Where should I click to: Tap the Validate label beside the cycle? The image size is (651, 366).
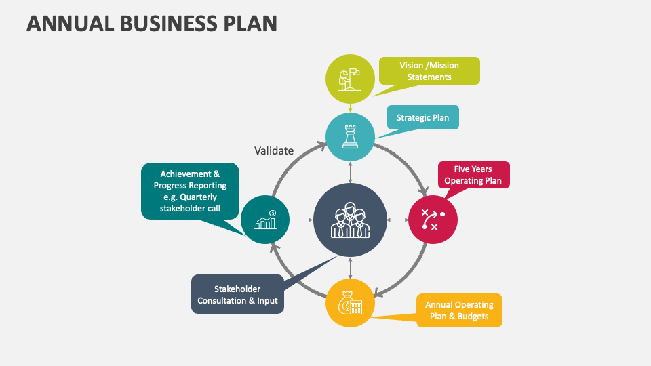point(274,150)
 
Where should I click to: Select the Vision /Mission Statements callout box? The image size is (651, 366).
point(429,71)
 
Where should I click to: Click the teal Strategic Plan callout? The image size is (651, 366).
point(422,117)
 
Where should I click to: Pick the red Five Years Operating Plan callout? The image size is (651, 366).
point(473,176)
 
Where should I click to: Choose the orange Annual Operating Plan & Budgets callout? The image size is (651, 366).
point(459,310)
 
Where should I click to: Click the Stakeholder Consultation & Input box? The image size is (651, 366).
point(237,294)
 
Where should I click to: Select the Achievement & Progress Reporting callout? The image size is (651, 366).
point(190,191)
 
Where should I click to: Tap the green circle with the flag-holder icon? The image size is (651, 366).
point(350,79)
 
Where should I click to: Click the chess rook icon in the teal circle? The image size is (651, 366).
point(350,137)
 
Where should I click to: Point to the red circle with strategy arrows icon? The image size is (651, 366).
point(433,220)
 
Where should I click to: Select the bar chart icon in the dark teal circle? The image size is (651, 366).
point(265,220)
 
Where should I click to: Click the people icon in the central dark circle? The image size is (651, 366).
point(350,220)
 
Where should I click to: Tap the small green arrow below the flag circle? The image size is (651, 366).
point(350,107)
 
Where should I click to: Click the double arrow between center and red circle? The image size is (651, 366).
point(397,220)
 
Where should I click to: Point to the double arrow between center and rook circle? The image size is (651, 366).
point(350,172)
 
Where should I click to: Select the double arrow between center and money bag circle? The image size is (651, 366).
point(350,268)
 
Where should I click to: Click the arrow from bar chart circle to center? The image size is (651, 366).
point(302,220)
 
